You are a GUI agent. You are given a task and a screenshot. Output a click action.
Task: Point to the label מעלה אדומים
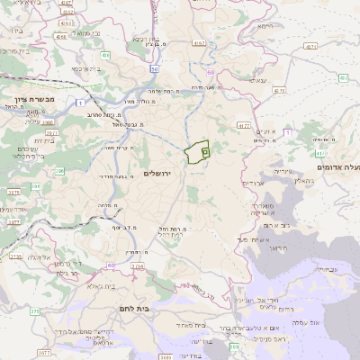coord(338,166)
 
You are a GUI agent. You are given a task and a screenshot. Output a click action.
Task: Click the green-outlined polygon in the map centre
coord(195,152)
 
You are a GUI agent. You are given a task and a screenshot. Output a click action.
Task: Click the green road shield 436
coord(105,55)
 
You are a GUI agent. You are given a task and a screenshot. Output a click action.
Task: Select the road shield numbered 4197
coord(199,41)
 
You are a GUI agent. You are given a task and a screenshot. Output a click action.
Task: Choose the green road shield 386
coord(59,169)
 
